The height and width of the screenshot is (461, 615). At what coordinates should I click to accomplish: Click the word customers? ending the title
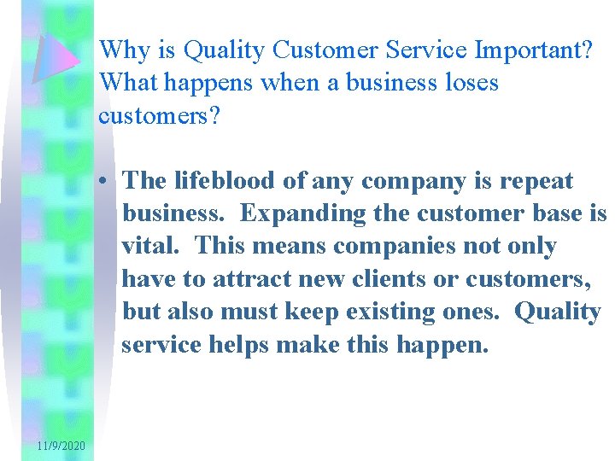tap(160, 115)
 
